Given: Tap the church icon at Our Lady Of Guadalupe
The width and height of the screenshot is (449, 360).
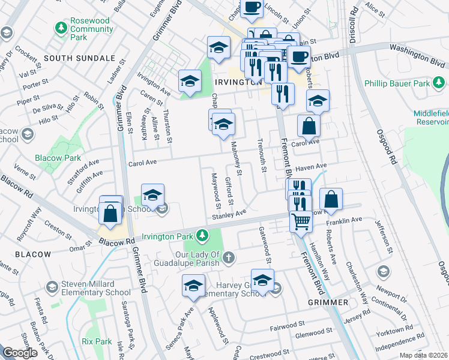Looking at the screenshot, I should [x=228, y=258].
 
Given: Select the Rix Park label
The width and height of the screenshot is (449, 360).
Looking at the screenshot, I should [x=97, y=341].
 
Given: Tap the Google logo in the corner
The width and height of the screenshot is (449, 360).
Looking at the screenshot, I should [x=20, y=353].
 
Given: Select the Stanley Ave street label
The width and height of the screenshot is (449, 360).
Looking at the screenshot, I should [x=229, y=215].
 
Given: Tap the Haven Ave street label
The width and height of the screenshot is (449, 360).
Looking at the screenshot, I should [x=311, y=166].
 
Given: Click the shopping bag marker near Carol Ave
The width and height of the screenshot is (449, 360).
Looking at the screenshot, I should [x=309, y=127].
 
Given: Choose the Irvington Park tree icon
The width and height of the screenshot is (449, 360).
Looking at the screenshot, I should [x=203, y=233].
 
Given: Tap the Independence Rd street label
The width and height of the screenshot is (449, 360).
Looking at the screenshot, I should [x=402, y=337].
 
